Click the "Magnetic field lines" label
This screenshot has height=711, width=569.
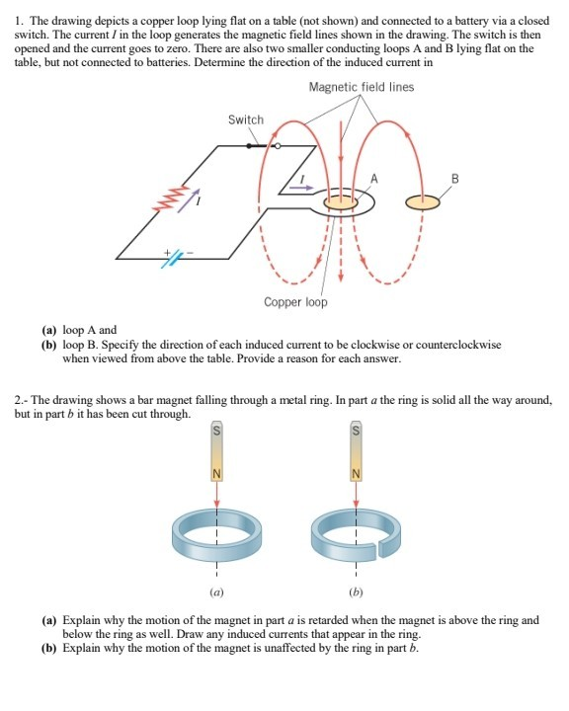tap(361, 87)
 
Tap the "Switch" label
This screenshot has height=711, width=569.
tap(246, 119)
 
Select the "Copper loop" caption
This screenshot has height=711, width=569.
tap(295, 301)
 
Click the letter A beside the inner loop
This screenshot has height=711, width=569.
tap(374, 178)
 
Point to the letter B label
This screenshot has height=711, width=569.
tap(454, 178)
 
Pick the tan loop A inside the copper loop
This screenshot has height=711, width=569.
tap(342, 201)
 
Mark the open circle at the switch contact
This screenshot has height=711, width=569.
tap(277, 147)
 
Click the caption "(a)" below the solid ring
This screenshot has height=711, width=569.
tap(214, 593)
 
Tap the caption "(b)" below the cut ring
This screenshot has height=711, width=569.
tap(358, 593)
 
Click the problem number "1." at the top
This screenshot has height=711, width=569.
tap(21, 10)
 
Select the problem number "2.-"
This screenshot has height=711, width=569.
tap(24, 399)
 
